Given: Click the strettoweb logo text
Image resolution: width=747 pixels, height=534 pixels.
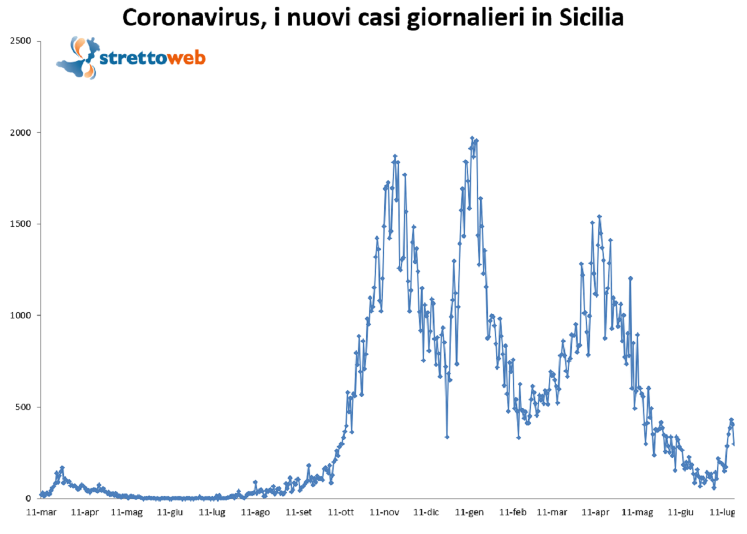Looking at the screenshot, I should (153, 59).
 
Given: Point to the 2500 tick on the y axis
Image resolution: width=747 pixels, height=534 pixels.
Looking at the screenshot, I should (24, 41).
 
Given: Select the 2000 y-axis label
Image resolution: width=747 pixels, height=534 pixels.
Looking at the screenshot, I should (24, 133).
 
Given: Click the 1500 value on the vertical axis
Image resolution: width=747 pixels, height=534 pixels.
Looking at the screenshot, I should (24, 224).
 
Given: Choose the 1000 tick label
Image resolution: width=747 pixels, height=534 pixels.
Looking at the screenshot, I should (24, 316).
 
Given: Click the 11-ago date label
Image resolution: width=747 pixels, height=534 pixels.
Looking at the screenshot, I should (255, 513).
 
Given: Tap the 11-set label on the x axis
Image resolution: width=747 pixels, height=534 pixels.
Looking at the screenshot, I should (298, 513).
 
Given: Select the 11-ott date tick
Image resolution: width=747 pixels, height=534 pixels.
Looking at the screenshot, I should (341, 513).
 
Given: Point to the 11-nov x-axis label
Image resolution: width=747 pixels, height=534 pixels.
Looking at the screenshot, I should (384, 513).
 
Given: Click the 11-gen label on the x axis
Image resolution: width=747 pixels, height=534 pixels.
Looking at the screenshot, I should (469, 513).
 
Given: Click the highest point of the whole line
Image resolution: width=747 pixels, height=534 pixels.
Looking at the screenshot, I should (472, 138).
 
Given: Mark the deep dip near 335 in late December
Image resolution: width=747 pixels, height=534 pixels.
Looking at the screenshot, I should (447, 437).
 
